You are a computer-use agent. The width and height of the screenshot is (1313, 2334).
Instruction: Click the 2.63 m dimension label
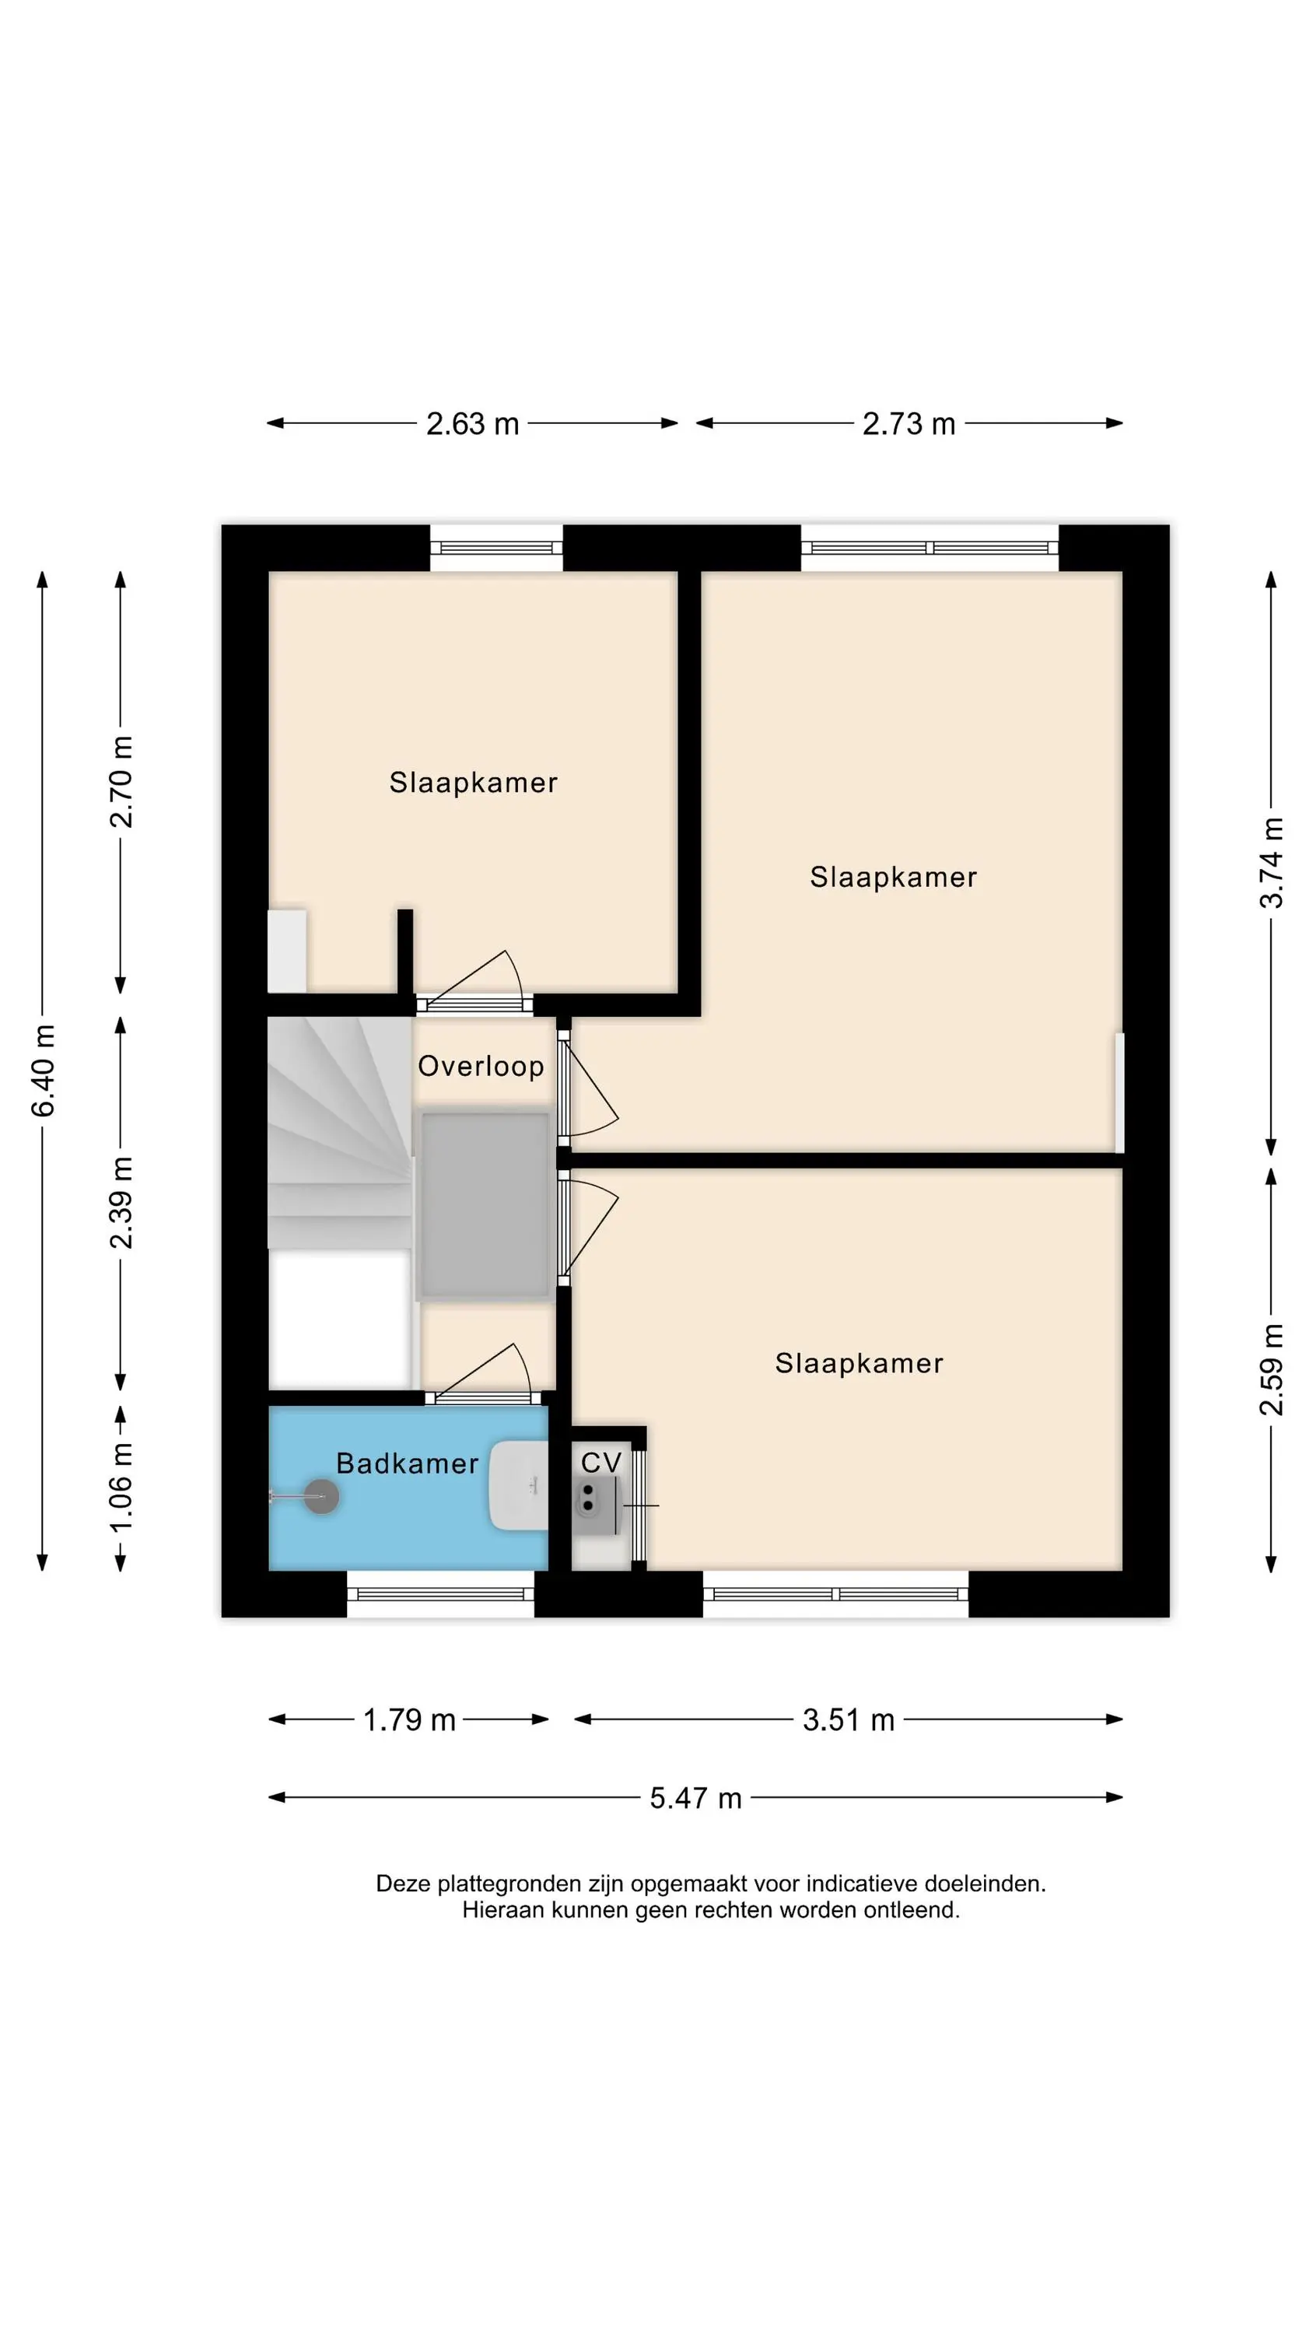click(472, 423)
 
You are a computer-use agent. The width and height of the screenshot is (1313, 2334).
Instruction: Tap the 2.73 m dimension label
click(908, 423)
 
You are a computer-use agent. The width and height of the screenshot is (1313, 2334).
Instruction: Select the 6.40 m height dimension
click(44, 1070)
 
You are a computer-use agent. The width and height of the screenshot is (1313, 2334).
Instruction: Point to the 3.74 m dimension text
click(1271, 862)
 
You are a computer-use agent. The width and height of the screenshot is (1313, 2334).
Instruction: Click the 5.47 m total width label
click(695, 1798)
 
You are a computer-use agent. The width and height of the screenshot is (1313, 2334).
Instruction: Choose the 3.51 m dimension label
click(848, 1719)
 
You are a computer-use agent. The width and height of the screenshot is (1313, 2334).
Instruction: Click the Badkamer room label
click(407, 1463)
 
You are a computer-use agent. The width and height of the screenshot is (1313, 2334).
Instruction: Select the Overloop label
click(480, 1066)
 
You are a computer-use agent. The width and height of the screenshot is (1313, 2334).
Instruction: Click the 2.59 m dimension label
click(1271, 1369)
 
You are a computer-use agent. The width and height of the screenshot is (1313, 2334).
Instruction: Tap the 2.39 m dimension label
click(121, 1202)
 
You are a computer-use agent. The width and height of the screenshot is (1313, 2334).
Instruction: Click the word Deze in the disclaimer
click(403, 1884)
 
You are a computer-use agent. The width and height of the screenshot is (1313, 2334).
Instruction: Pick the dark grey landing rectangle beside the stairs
click(485, 1205)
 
